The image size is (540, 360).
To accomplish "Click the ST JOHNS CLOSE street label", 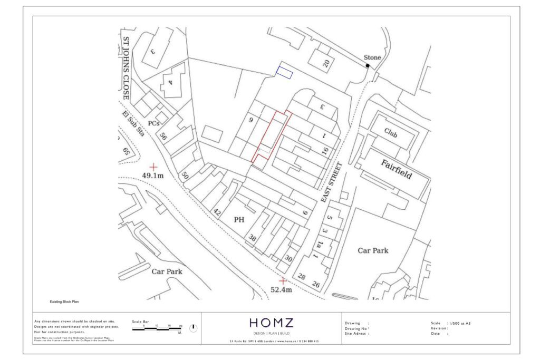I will (126, 68).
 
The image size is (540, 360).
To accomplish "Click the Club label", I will (391, 132).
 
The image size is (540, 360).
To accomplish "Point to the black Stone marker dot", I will (368, 65).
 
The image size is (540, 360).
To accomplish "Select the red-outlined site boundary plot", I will (271, 137).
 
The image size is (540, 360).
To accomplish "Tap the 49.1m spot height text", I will (153, 176).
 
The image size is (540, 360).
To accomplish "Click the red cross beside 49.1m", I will (153, 166).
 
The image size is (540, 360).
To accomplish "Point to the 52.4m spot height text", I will (281, 289).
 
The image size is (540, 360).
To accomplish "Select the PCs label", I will (153, 123).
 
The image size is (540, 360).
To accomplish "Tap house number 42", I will (216, 212).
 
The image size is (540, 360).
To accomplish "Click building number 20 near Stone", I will (326, 64).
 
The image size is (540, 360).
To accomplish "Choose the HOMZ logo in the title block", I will (272, 323).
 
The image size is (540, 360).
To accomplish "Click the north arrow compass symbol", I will (193, 328).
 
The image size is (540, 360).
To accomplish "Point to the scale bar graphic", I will (157, 329).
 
